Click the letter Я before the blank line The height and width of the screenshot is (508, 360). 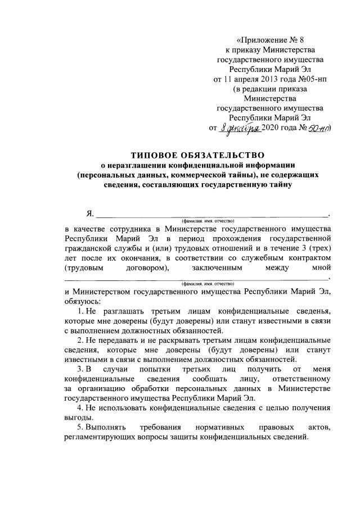pyautogui.click(x=89, y=214)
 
